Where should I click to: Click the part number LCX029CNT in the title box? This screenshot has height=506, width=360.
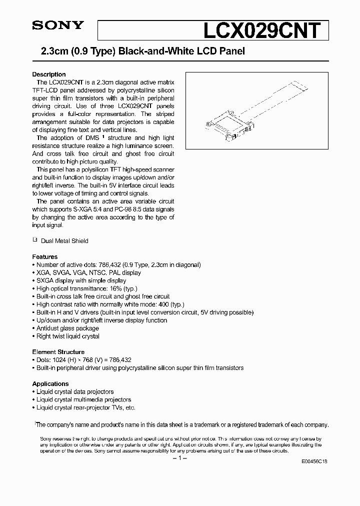tap(260, 30)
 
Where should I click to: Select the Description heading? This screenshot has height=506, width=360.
tap(49, 74)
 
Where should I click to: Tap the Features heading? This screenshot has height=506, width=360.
tap(45, 257)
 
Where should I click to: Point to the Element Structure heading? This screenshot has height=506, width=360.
tap(58, 352)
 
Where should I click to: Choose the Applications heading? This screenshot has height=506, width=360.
tap(50, 384)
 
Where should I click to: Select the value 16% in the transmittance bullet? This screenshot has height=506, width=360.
tap(116, 289)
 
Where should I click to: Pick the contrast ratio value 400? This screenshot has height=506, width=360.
tap(163, 304)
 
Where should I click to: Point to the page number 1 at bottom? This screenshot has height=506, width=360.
tap(179, 459)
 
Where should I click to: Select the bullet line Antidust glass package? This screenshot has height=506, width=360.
tap(67, 328)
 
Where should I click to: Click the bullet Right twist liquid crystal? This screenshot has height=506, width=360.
tap(68, 336)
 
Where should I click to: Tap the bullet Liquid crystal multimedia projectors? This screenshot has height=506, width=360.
tap(83, 400)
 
